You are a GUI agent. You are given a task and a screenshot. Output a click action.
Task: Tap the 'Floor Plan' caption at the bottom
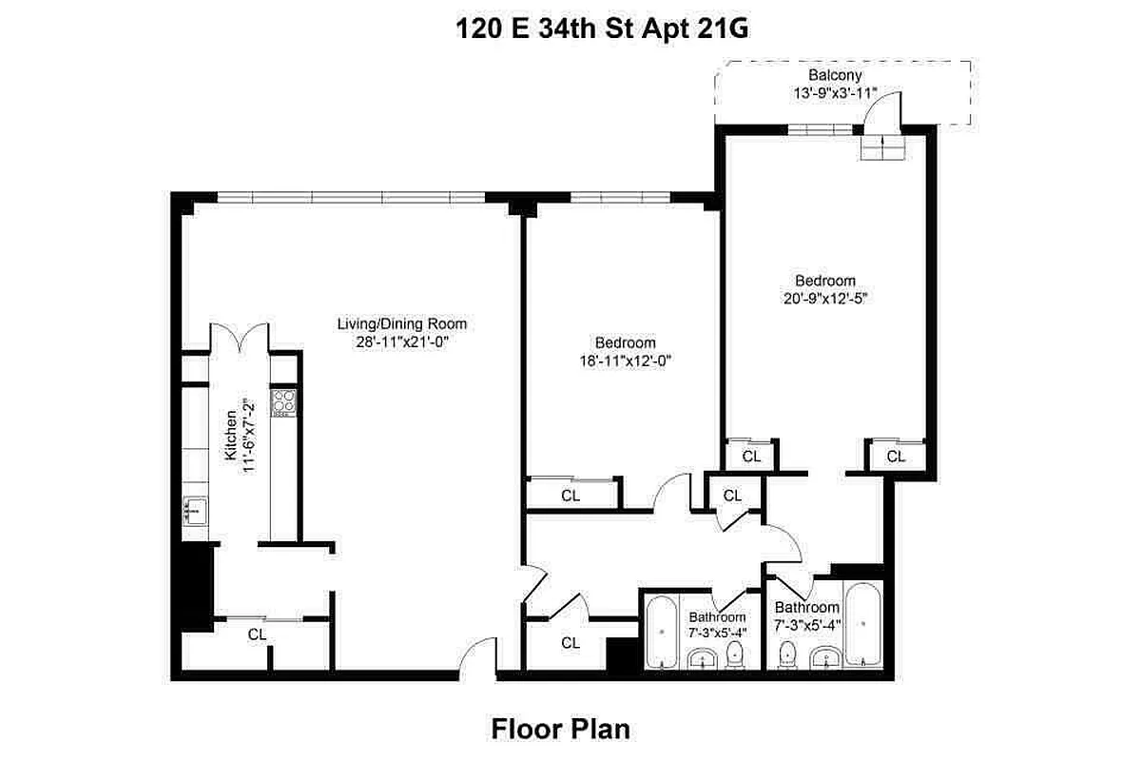[561, 730]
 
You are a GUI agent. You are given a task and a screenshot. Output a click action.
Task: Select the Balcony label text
[835, 75]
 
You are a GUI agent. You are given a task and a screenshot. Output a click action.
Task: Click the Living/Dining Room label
[402, 323]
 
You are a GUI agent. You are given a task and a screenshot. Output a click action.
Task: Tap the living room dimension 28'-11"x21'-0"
[402, 341]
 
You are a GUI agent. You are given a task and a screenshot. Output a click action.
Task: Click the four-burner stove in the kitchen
[283, 403]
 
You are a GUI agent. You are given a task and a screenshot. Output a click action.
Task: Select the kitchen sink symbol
[196, 511]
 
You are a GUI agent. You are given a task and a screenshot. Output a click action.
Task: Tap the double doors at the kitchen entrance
[239, 338]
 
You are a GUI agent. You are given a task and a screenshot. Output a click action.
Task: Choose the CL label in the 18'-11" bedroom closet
[570, 496]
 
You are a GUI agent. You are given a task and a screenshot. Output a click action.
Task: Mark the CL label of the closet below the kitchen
[257, 634]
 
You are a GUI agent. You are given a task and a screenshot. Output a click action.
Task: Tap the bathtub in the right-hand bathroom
[863, 625]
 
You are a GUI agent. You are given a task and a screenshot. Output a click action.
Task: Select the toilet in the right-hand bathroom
[787, 655]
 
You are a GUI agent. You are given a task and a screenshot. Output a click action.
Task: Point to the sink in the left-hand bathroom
[704, 658]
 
